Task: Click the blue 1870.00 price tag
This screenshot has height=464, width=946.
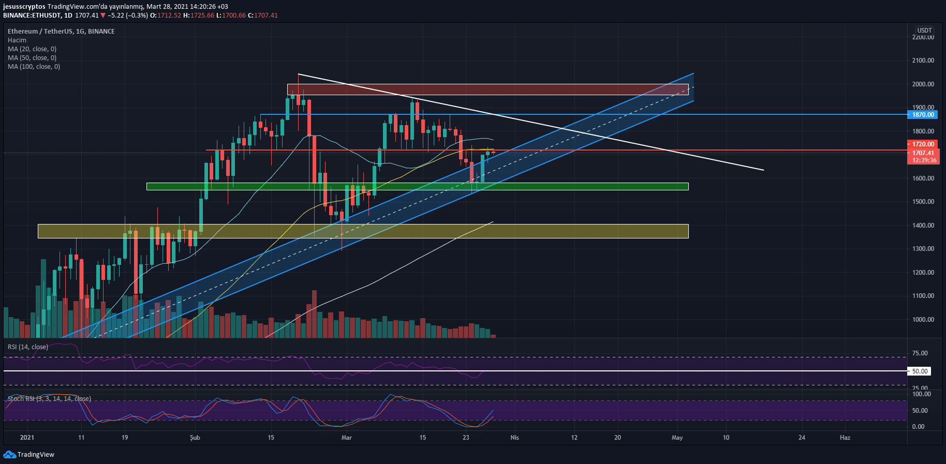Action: (x=923, y=115)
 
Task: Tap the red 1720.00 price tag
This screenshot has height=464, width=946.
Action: (x=923, y=144)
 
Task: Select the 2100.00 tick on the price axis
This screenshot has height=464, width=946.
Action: (x=923, y=61)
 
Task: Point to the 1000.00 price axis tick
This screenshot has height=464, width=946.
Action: (x=923, y=320)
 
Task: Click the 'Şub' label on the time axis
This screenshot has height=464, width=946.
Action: (x=195, y=438)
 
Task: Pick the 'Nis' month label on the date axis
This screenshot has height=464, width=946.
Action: (x=514, y=438)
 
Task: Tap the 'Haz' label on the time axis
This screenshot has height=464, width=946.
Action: (x=845, y=438)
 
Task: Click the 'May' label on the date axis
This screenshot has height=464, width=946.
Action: (x=677, y=438)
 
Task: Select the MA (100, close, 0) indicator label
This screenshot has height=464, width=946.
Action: (x=34, y=67)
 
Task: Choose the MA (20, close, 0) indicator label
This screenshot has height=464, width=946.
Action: (x=32, y=49)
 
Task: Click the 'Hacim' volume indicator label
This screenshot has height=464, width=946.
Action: (x=17, y=40)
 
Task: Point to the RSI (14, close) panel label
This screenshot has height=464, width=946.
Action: (x=28, y=347)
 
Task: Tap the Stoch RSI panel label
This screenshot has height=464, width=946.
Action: (x=49, y=399)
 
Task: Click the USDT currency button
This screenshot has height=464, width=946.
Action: (x=924, y=31)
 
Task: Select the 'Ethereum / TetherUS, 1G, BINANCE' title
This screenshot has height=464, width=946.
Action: (x=61, y=32)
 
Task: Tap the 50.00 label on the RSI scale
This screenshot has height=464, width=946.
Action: (x=920, y=371)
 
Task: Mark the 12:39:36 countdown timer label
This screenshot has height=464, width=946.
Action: (x=924, y=160)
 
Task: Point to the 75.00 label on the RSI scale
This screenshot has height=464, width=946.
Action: (x=920, y=353)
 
